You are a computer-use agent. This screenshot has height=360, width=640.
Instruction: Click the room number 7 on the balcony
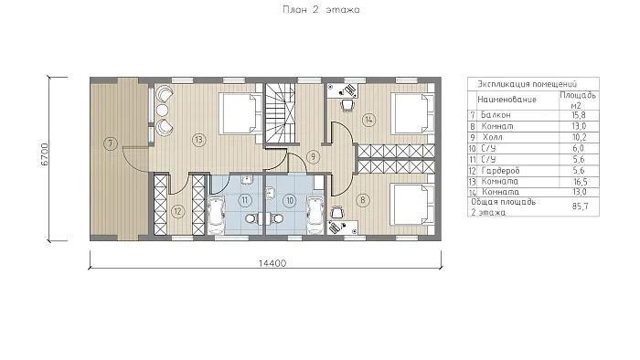[111, 143]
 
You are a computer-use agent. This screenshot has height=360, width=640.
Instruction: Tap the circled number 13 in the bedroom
[198, 140]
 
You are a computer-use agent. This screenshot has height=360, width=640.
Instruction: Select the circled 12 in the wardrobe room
[177, 211]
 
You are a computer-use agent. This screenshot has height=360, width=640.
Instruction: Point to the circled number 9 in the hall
[313, 156]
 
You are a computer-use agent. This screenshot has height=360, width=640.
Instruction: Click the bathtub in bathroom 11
[217, 215]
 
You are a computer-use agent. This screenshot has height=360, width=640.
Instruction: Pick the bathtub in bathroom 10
[315, 216]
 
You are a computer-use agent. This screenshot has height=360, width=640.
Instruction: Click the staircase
[280, 113]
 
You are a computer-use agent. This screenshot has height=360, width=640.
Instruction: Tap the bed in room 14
[412, 113]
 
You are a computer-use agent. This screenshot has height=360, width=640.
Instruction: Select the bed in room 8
[412, 204]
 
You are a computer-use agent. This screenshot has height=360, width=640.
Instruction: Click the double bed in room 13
[240, 113]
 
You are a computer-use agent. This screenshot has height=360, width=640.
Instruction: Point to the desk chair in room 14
[347, 106]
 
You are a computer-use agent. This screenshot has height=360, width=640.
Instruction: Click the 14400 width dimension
[272, 263]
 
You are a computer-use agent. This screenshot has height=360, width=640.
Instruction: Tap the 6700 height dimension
[45, 154]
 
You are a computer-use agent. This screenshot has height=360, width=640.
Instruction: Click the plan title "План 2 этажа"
[321, 10]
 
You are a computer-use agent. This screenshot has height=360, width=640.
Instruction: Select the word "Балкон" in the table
[496, 115]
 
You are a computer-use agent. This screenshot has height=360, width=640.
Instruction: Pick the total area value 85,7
[580, 206]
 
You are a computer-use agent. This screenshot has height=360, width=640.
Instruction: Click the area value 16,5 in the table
[579, 182]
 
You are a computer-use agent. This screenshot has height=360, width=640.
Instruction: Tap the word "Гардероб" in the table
[500, 171]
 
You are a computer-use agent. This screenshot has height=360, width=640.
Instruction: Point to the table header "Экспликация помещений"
[527, 84]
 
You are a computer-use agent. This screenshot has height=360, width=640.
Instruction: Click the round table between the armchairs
[163, 110]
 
